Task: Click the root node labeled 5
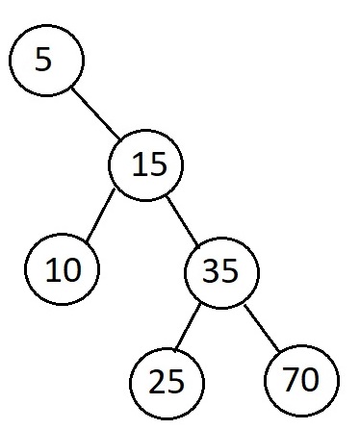coord(46,61)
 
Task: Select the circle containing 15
coord(145,165)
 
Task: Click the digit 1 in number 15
coord(136,165)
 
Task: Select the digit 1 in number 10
coord(53,270)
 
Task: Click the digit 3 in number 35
coord(214,272)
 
